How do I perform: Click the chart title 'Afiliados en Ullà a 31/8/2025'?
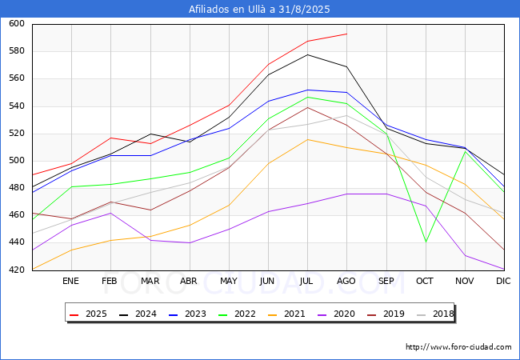pos(259,10)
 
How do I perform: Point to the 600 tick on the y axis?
pos(17,24)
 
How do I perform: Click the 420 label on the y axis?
pos(17,270)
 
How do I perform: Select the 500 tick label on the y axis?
pos(17,161)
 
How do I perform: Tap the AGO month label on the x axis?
pos(346,282)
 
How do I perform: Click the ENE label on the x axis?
pos(71,282)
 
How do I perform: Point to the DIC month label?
pos(503,282)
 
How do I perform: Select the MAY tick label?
pos(229,282)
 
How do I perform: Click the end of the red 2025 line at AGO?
pos(346,34)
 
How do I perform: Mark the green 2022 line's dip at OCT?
pos(425,242)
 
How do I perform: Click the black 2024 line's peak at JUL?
pos(307,54)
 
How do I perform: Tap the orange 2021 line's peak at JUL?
pos(307,140)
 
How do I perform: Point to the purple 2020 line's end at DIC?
pos(503,270)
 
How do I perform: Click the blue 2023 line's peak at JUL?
pos(307,90)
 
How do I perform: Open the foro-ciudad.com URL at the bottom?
pos(458,347)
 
